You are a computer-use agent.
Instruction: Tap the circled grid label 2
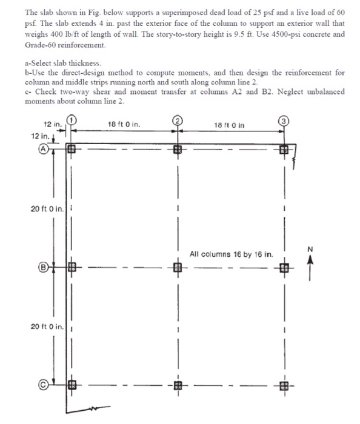pos(178,119)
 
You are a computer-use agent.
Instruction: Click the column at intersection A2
pos(178,147)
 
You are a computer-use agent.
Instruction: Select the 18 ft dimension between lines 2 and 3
pos(232,124)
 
